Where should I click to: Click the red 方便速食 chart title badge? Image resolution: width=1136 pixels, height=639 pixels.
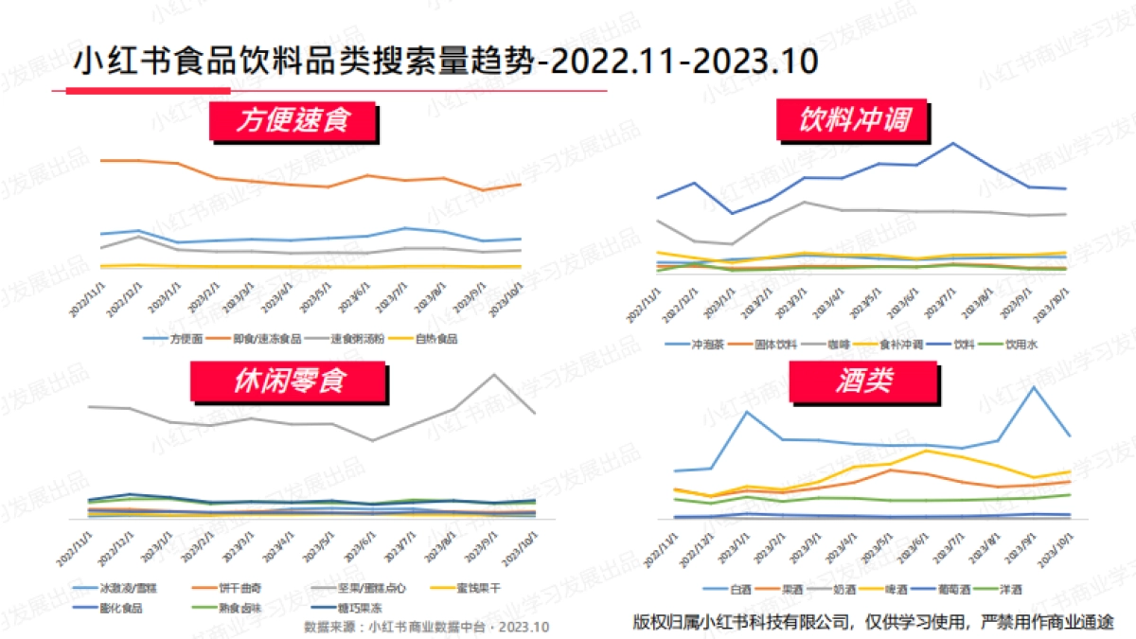(293, 120)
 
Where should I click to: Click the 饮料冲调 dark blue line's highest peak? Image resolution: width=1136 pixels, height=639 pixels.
(952, 143)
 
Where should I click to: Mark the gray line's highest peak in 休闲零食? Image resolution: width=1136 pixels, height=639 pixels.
(493, 374)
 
